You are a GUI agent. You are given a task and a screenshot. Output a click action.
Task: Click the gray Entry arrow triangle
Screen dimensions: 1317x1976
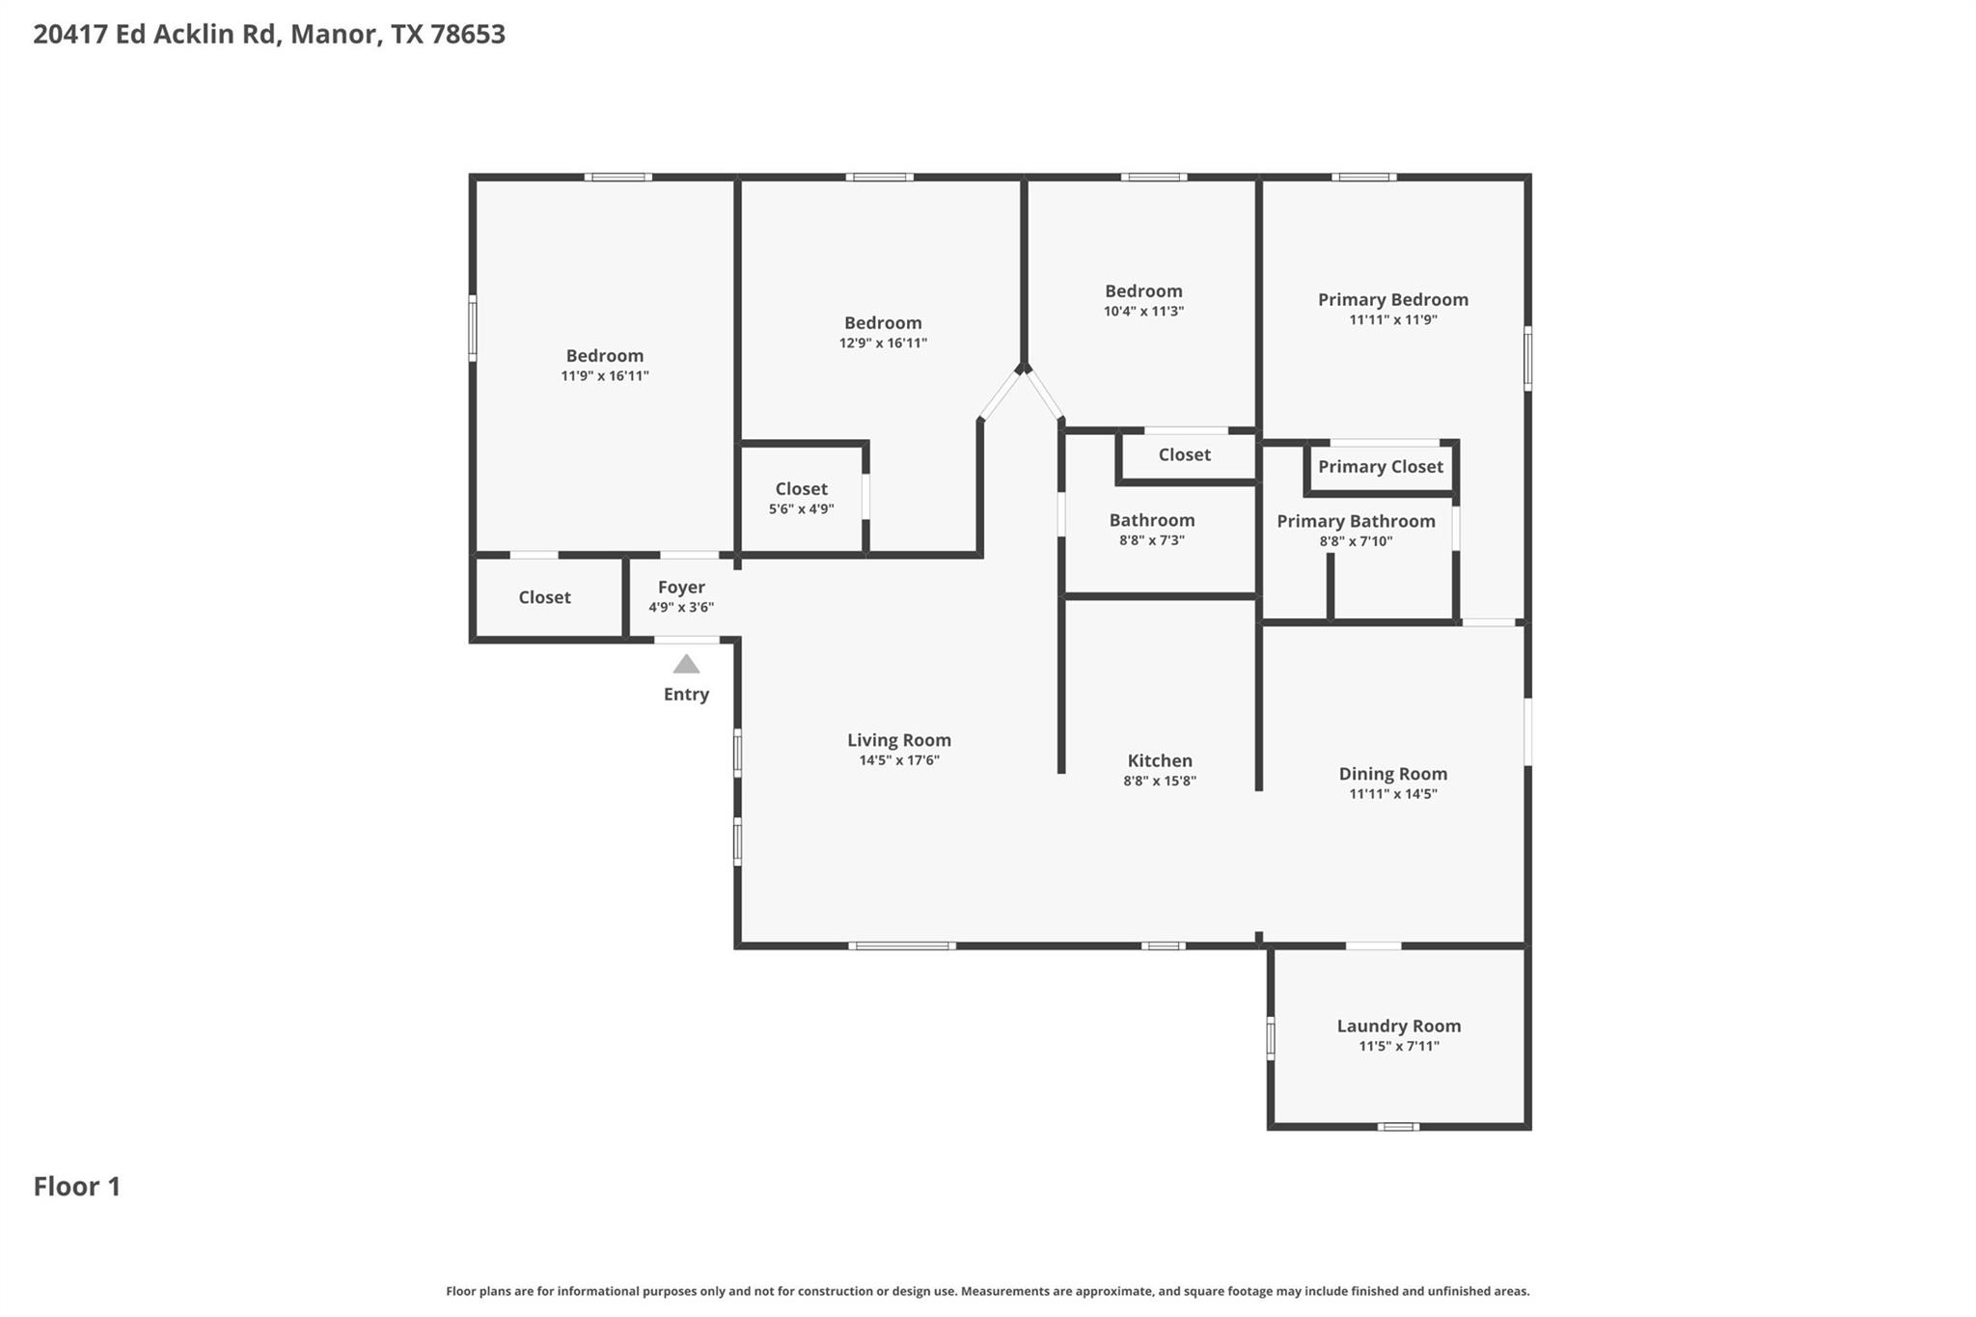point(686,664)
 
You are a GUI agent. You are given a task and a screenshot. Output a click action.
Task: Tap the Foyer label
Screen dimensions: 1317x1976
point(681,587)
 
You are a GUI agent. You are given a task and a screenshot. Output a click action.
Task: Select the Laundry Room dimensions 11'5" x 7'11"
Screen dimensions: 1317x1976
point(1398,1046)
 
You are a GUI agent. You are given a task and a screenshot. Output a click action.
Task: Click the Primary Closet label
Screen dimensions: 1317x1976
point(1380,467)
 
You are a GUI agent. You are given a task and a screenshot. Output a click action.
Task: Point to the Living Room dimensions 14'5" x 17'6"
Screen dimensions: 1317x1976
point(898,760)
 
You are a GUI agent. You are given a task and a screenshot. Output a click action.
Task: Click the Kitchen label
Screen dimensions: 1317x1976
point(1160,760)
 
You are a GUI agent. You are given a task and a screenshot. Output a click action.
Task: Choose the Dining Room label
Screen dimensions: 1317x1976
point(1392,774)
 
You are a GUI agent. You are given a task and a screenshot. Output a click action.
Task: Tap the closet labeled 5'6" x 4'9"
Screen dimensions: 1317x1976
point(801,489)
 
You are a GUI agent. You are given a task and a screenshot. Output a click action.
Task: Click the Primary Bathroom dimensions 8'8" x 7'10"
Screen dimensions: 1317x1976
point(1356,541)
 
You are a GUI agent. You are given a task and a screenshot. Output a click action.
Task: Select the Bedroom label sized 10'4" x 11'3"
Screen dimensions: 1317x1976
point(1143,291)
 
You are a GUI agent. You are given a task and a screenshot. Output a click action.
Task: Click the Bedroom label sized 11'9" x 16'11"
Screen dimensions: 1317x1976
point(604,356)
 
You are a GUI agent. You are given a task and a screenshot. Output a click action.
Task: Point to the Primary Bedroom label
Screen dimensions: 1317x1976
point(1392,300)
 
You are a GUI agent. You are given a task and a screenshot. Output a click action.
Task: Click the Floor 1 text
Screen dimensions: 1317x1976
point(77,1186)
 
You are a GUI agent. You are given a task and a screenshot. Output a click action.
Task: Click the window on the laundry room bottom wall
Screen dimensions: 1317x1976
point(1397,1126)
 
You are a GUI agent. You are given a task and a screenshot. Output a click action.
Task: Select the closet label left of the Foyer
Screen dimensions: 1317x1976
point(544,597)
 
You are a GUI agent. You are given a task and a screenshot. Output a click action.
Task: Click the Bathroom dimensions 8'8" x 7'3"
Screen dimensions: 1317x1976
point(1151,540)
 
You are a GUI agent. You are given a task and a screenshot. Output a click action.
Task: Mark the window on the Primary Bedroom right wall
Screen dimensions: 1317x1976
point(1527,358)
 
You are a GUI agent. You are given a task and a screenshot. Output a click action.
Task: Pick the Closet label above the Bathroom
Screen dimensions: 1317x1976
point(1184,454)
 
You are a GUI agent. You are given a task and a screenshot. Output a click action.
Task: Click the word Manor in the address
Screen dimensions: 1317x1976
point(333,34)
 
